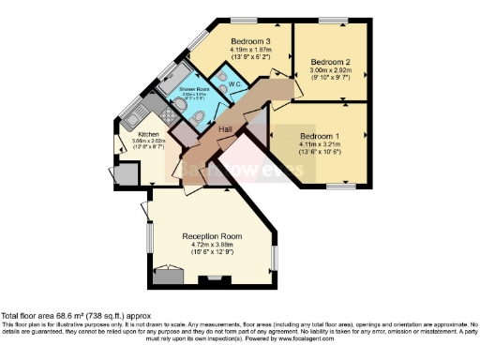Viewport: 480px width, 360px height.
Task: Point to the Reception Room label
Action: (212, 235)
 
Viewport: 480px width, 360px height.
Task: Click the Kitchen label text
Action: (137, 135)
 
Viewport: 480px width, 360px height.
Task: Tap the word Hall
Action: (225, 128)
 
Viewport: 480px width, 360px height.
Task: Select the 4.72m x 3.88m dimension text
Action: (212, 244)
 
